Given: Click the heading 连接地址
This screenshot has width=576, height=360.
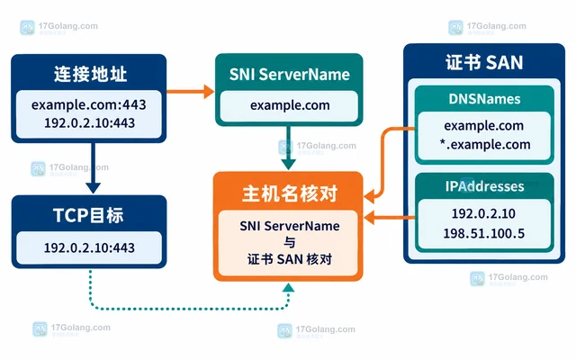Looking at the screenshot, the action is pos(90,74).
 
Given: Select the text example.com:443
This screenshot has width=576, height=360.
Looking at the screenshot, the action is pos(88,105).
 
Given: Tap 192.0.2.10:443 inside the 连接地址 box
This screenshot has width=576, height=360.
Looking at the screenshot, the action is pos(89,123).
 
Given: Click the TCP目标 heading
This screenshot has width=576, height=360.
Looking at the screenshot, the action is pos(88,215).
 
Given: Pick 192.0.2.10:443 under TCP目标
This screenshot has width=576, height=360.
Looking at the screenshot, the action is pos(89,248).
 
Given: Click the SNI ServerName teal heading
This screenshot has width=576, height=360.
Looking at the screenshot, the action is pos(290,75).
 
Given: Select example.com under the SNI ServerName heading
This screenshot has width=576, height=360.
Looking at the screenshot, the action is pos(290,105).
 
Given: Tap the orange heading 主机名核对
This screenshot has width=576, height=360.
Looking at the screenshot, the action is pos(290,193).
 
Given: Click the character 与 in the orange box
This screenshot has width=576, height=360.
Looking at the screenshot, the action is pos(290,242).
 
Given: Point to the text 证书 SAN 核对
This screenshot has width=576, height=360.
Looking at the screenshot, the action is pos(290,259).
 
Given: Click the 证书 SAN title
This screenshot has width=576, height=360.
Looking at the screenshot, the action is pos(484,62).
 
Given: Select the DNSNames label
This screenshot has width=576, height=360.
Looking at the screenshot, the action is pos(484,99).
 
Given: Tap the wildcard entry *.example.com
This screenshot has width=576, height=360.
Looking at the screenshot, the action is pos(485,144).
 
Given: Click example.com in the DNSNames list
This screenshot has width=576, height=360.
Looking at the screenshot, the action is pos(484,126).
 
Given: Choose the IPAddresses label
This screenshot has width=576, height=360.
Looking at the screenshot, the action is pos(484,186).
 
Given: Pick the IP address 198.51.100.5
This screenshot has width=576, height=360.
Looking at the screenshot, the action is pos(484,233).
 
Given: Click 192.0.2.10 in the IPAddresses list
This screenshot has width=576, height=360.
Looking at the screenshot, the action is pos(483,213).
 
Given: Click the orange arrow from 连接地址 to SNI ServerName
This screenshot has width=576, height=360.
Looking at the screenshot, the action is pos(190,92).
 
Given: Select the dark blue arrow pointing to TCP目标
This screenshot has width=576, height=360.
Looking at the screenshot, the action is pos(94,168).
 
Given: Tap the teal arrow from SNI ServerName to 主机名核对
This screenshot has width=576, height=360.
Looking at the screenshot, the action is pos(288,148).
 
